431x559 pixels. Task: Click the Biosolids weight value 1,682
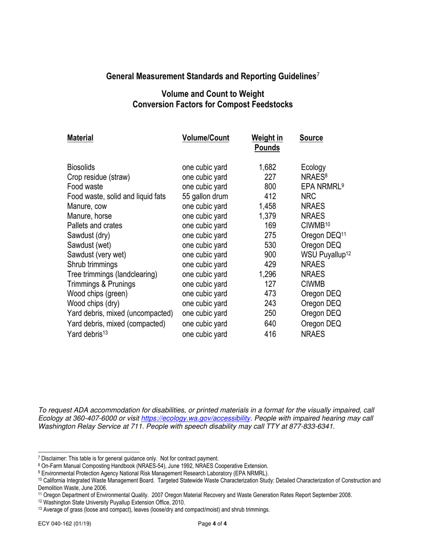267,167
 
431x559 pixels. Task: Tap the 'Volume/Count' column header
206,138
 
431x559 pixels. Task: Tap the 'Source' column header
311,138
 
